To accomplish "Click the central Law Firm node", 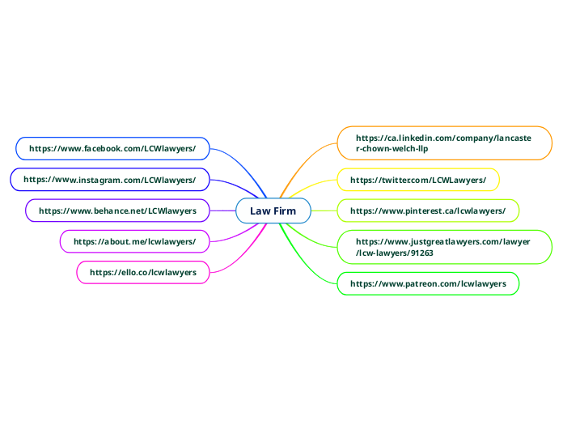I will (x=273, y=211).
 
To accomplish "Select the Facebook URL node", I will (x=112, y=149).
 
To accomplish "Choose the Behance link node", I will (x=117, y=210).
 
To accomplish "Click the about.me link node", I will (x=134, y=241).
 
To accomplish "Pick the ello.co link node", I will (x=142, y=272).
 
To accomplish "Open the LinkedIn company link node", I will (x=443, y=143).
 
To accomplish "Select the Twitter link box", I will (x=417, y=179).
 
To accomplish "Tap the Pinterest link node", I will (x=427, y=210).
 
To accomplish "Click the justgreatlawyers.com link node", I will (x=443, y=247).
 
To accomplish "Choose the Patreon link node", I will (x=427, y=284).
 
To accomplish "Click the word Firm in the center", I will (x=284, y=211).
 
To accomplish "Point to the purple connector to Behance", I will (x=222, y=210).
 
